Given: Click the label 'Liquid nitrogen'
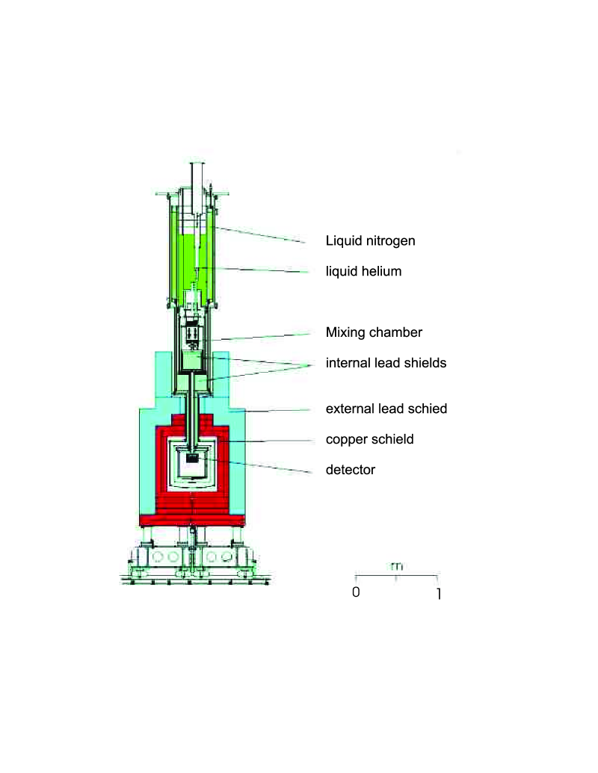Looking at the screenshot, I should [x=370, y=241].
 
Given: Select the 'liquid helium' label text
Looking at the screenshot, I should [x=363, y=272].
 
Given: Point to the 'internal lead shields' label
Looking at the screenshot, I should [x=386, y=364].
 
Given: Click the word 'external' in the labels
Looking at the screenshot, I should [x=350, y=409].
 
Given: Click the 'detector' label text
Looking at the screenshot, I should [x=350, y=470].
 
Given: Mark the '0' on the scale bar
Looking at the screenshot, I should [x=356, y=593].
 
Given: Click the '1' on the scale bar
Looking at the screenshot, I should [x=438, y=595].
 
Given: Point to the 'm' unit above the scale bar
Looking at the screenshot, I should [x=396, y=566].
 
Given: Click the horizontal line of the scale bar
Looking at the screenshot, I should [x=396, y=576].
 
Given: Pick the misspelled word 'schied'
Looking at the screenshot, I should [x=429, y=409].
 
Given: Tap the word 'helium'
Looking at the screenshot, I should [x=380, y=272].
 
